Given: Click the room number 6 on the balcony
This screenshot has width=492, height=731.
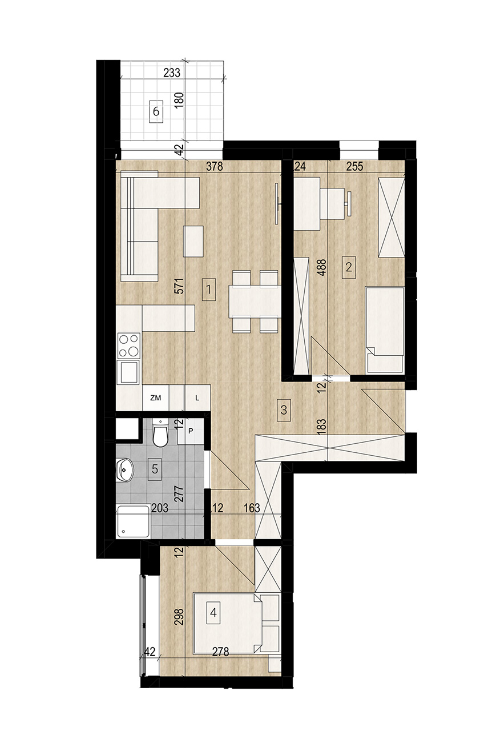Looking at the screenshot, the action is pos(156,111).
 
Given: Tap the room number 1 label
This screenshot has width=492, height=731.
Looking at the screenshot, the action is pos(209,289).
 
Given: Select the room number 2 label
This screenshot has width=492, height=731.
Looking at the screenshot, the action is pos(349,267).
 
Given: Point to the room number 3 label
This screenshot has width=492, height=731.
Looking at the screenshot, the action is pos(284,410).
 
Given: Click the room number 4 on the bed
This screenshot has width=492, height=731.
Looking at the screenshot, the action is pos(213,613).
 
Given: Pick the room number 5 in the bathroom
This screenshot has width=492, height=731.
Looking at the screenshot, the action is pos(155,469).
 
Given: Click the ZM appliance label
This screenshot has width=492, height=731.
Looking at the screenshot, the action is pos(156,398).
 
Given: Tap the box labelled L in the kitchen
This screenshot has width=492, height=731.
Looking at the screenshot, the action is pos(197,398).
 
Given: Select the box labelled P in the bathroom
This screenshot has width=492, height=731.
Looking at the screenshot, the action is pos(191,431).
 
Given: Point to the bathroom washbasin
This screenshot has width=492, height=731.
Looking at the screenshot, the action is pos(124,469).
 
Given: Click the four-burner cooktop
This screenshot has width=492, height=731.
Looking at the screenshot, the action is pos(128,346).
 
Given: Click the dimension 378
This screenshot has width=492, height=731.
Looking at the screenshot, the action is pos(215,166).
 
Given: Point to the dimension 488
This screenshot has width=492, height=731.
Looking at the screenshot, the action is pos(322,268).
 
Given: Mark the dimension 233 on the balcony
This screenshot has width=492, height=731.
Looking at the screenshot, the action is pos(172,73).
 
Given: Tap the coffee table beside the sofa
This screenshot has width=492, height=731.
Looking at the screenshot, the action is pos(194,242).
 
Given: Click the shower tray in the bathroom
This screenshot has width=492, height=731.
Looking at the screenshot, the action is pos(134,522).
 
